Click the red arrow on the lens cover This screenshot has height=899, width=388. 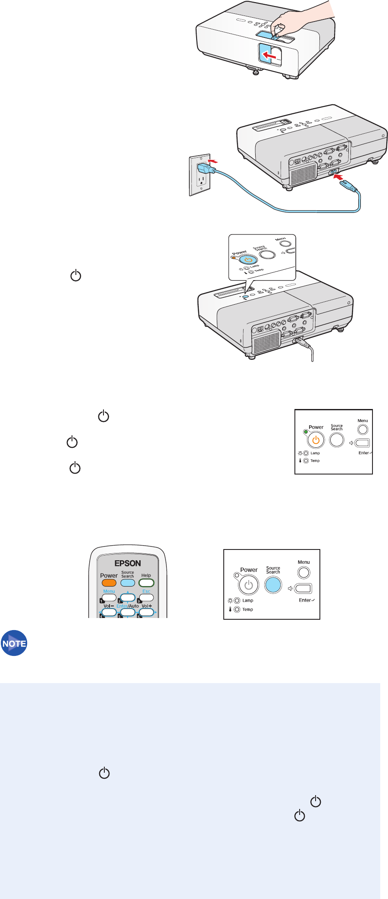pos(269,55)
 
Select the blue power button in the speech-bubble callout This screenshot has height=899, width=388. pos(248,260)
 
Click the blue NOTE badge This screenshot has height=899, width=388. pos(14,643)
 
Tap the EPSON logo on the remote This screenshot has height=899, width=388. pos(128,563)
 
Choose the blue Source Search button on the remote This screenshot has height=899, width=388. pos(128,583)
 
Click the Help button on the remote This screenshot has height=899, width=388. pos(146,583)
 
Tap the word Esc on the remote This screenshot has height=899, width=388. pos(146,591)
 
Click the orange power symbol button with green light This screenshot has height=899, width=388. pos(316,440)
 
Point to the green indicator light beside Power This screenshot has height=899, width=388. pos(306,432)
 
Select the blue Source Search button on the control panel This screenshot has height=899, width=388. pos(273,585)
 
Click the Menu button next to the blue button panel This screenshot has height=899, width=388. pos(304,572)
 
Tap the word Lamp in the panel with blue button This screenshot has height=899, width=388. pos(248,600)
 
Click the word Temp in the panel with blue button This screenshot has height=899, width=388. pos(247,609)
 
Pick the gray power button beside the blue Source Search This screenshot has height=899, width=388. pos(248,585)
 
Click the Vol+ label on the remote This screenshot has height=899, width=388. pos(147,606)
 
